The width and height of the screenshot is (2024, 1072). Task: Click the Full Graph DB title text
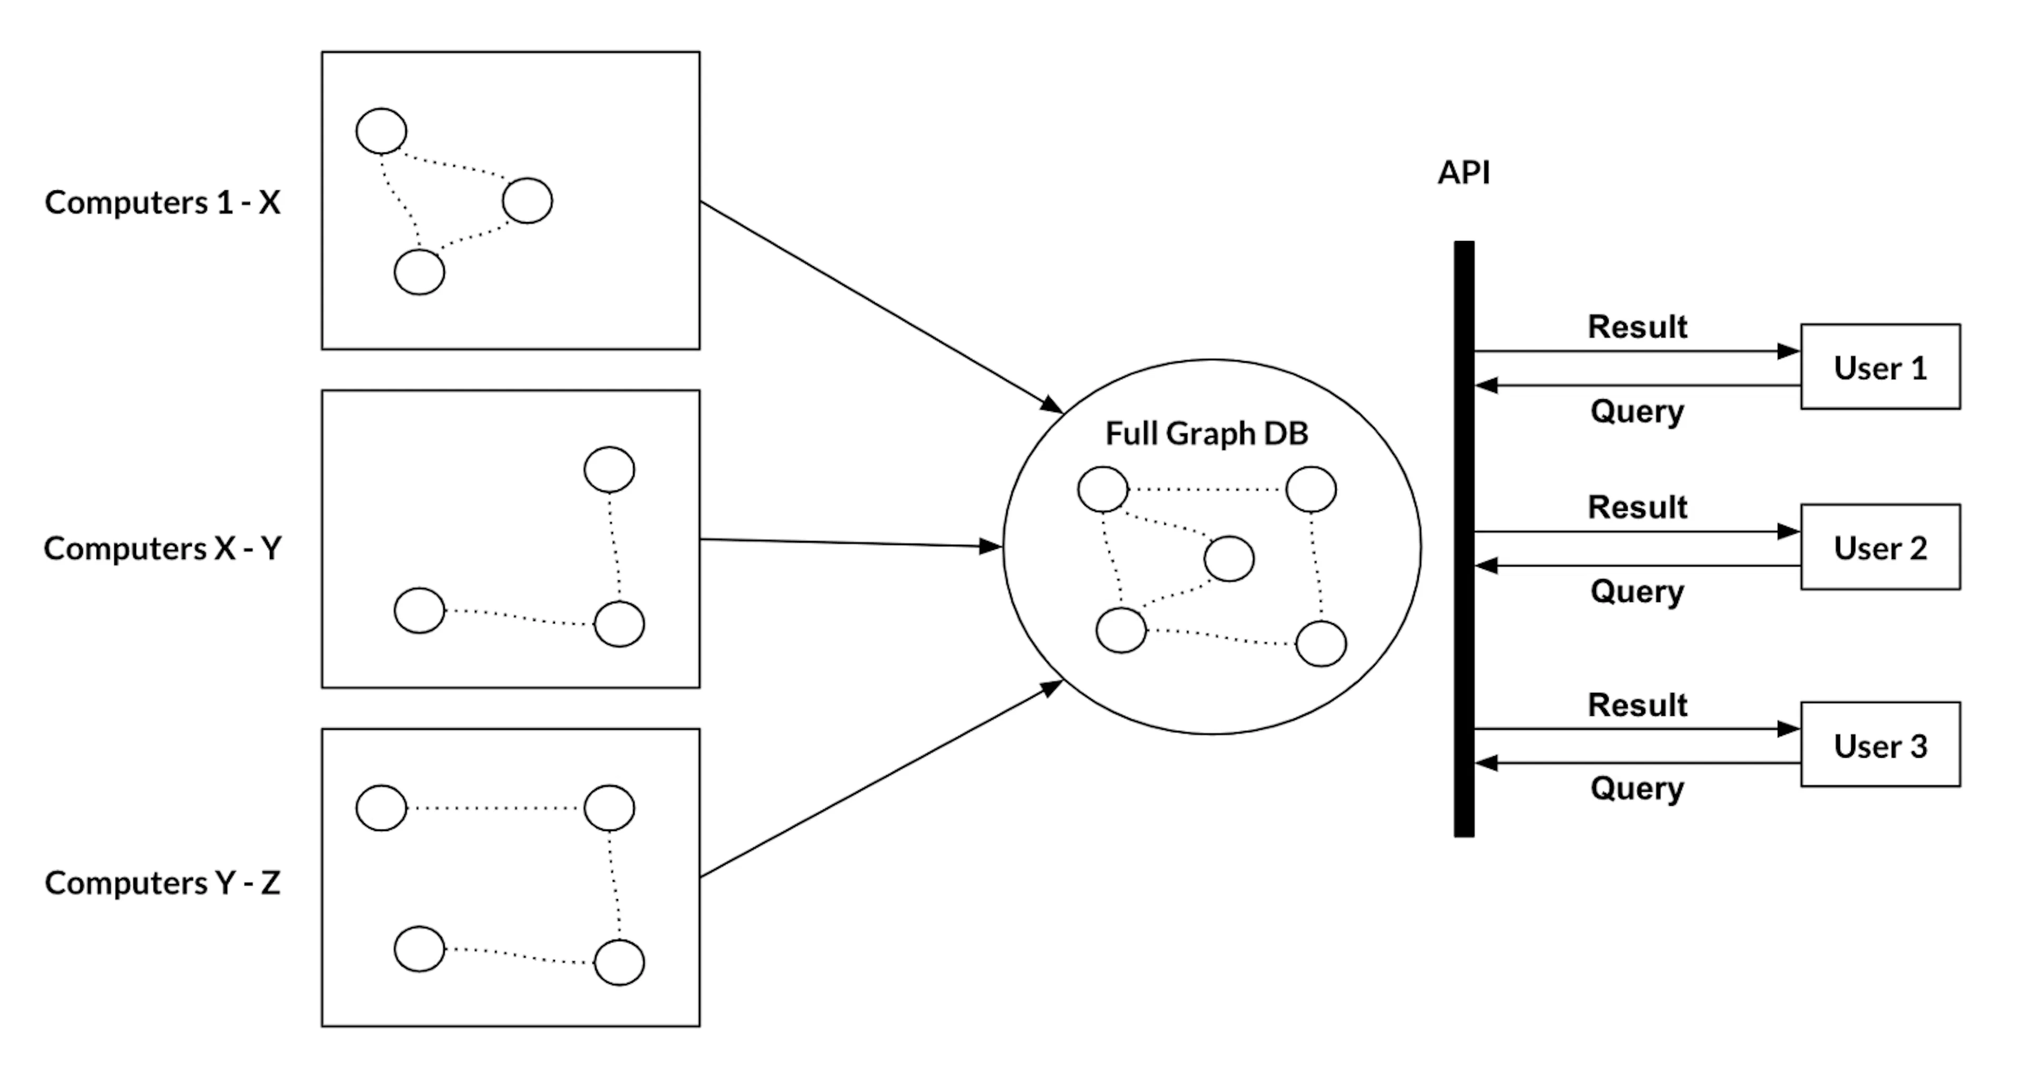click(1207, 433)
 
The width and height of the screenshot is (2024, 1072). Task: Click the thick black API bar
click(1464, 539)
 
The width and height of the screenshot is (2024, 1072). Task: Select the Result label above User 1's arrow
click(1638, 327)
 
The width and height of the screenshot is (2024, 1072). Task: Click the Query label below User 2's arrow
click(1638, 592)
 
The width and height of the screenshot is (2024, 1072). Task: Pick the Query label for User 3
click(1638, 788)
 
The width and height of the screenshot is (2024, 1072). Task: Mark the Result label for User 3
click(1638, 706)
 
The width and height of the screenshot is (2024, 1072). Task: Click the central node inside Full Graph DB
click(1229, 559)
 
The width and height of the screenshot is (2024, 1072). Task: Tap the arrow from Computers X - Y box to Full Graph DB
click(851, 543)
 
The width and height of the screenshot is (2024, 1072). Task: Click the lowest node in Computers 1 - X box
click(419, 272)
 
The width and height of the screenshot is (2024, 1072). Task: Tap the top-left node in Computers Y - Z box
click(381, 808)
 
